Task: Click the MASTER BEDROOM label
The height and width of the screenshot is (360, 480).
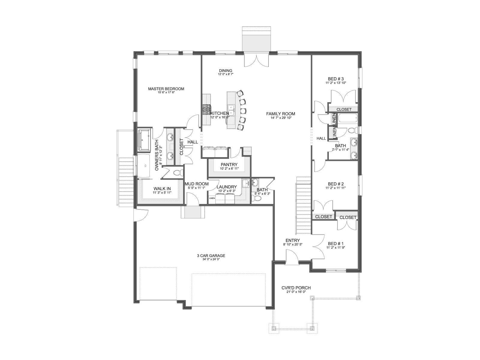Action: [166, 89]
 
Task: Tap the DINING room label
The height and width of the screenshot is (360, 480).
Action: [226, 70]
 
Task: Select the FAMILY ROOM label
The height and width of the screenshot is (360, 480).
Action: [280, 114]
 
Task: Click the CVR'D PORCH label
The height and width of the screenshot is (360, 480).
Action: [296, 288]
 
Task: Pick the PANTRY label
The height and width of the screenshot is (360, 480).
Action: [229, 165]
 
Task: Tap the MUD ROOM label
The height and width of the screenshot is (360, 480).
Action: [196, 184]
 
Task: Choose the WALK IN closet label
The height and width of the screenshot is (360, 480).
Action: [162, 189]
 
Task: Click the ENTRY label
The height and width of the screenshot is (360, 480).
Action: [292, 240]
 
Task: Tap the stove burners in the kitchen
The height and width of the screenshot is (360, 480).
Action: [206, 109]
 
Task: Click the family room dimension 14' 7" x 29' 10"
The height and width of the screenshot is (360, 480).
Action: [281, 118]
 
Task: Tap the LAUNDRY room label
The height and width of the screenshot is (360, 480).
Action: [226, 187]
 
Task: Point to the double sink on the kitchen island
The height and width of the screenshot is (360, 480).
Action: [231, 110]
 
